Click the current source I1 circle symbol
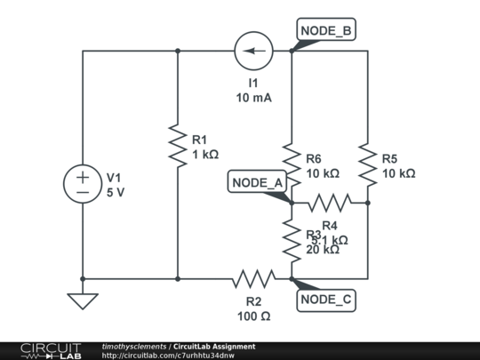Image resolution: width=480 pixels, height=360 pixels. click(253, 51)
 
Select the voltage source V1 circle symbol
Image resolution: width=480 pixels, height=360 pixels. click(83, 184)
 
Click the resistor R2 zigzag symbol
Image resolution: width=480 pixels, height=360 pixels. click(253, 279)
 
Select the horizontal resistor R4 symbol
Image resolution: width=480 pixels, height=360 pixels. click(330, 203)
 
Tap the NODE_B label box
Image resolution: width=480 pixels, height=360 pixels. click(326, 31)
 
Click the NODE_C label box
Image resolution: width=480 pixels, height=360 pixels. click(326, 300)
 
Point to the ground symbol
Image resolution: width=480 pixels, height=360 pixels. click(83, 300)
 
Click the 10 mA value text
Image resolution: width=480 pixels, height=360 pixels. click(253, 98)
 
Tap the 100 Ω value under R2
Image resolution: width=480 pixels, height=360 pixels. click(253, 316)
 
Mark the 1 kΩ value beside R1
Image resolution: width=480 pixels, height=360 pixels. click(204, 154)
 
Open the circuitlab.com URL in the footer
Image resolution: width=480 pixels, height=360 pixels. click(168, 356)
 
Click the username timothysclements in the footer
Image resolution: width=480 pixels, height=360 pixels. click(134, 346)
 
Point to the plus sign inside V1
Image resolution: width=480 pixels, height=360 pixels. click(83, 177)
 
